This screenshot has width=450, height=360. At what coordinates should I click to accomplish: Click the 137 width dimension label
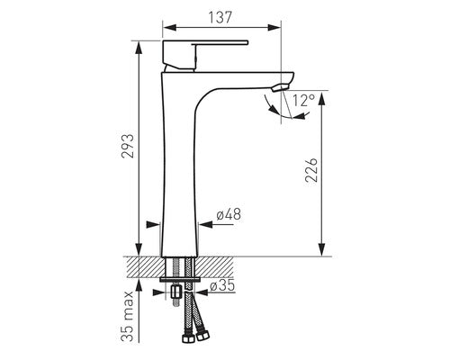(220, 17)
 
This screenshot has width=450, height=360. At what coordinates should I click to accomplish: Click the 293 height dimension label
(128, 146)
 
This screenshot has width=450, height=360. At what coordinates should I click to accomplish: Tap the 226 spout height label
(311, 169)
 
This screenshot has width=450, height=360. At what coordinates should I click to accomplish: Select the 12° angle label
(304, 101)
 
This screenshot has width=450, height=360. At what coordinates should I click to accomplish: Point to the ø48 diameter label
(229, 214)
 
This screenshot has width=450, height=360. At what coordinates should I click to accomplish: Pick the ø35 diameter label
(222, 285)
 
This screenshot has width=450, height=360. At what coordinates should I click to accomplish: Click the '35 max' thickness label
(128, 316)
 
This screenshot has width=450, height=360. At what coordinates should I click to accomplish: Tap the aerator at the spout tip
(280, 87)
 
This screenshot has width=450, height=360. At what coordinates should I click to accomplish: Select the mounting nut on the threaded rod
(176, 292)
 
